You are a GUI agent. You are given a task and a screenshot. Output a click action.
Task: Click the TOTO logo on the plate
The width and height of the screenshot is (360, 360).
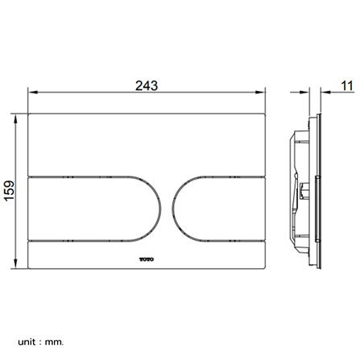coord(147,259)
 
